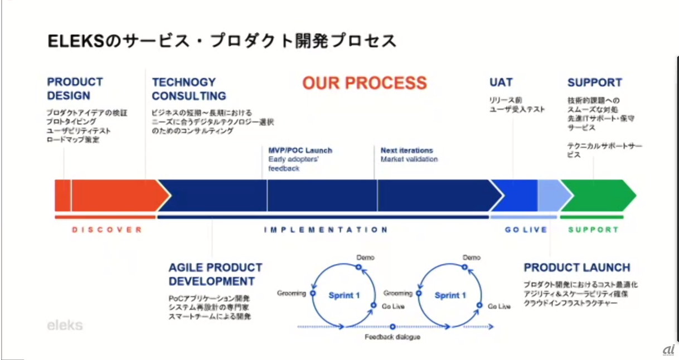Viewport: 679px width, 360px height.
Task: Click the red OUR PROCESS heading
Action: pyautogui.click(x=365, y=83)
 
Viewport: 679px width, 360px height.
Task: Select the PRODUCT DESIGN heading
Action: pyautogui.click(x=75, y=89)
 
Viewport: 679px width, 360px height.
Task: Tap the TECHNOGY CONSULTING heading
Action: pyautogui.click(x=188, y=89)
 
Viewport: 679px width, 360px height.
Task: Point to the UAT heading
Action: pyautogui.click(x=501, y=82)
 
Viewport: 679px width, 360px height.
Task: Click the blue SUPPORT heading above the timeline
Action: pyautogui.click(x=594, y=82)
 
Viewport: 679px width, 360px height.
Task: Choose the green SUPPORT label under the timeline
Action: pyautogui.click(x=593, y=230)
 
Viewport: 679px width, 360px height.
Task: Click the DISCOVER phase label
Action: pyautogui.click(x=106, y=230)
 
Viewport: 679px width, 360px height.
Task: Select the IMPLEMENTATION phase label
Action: pyautogui.click(x=325, y=230)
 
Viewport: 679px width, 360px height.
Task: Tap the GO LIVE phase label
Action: pyautogui.click(x=525, y=230)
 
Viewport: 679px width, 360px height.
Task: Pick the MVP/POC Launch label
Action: pyautogui.click(x=300, y=150)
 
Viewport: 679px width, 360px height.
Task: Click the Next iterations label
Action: pyautogui.click(x=406, y=150)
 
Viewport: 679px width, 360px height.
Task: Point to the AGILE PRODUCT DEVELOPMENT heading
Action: pyautogui.click(x=215, y=274)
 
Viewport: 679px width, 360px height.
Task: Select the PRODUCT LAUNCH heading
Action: pyautogui.click(x=576, y=267)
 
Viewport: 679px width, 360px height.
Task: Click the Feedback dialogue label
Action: pyautogui.click(x=392, y=337)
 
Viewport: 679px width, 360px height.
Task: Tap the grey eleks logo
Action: pyautogui.click(x=65, y=325)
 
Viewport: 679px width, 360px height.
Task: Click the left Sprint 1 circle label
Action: pyautogui.click(x=344, y=295)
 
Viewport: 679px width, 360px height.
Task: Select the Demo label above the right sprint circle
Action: pyautogui.click(x=471, y=257)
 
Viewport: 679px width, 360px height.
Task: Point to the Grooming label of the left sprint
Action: pyautogui.click(x=291, y=293)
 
